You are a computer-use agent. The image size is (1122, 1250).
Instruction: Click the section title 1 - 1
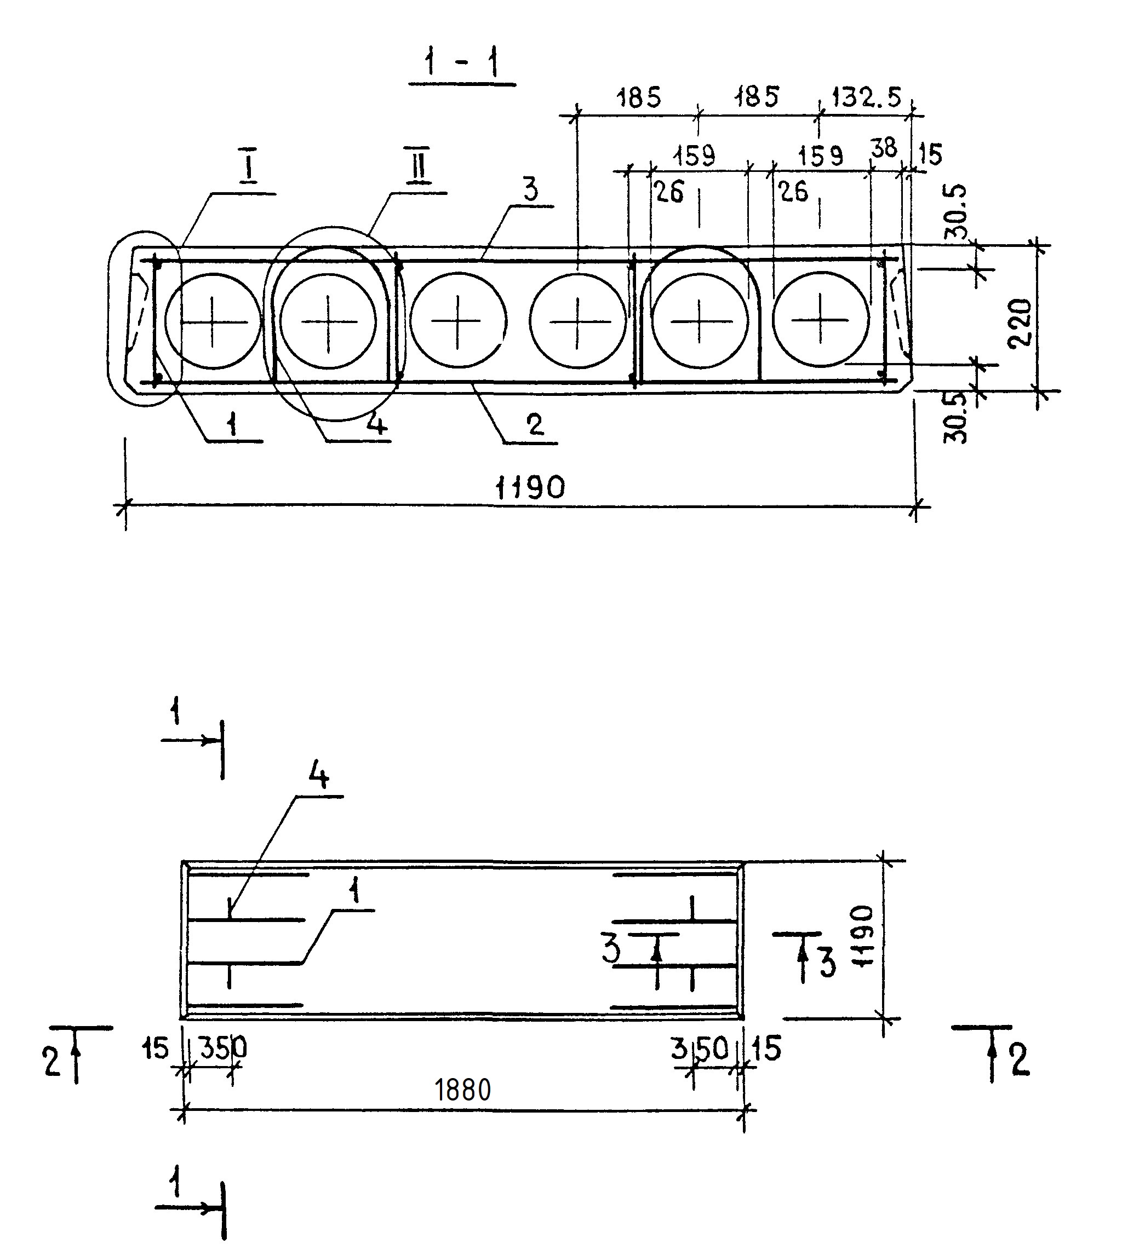(x=462, y=64)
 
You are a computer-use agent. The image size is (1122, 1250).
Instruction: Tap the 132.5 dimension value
(x=866, y=97)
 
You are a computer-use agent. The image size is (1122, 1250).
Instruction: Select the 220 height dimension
(x=1020, y=323)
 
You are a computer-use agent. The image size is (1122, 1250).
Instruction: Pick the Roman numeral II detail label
(x=419, y=166)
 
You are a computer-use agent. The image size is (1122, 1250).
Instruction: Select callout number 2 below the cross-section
(x=535, y=424)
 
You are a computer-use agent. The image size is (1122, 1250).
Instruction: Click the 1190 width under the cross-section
(x=530, y=488)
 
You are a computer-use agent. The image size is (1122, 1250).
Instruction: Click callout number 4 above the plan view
(x=318, y=777)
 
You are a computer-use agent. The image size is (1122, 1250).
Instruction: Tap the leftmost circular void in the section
(x=213, y=321)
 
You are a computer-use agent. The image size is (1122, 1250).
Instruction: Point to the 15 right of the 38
(x=930, y=154)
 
